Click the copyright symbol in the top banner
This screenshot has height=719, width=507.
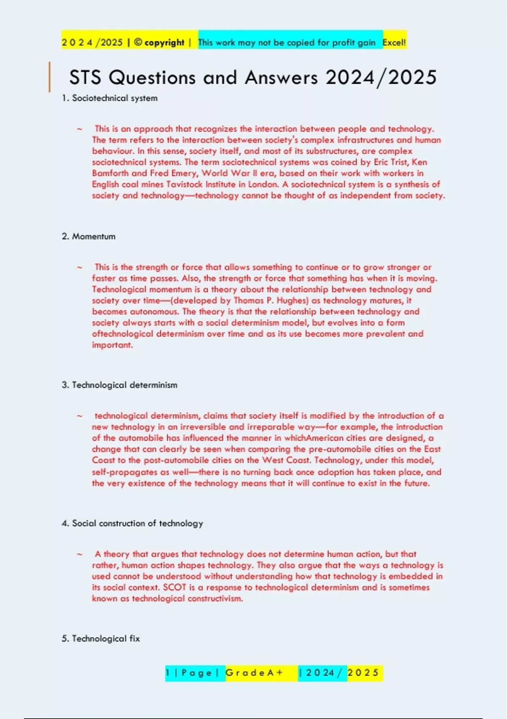pyautogui.click(x=138, y=42)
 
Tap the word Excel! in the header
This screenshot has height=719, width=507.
pyautogui.click(x=394, y=42)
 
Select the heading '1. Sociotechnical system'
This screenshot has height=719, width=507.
pyautogui.click(x=109, y=98)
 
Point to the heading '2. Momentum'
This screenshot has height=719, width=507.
pyautogui.click(x=88, y=236)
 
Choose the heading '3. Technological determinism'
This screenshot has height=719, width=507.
pyautogui.click(x=119, y=385)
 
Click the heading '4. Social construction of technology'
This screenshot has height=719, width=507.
pyautogui.click(x=132, y=523)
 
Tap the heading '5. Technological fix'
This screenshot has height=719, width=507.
pyautogui.click(x=101, y=639)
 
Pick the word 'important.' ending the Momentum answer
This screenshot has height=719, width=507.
pyautogui.click(x=112, y=345)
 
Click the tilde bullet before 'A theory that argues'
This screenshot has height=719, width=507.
pyautogui.click(x=79, y=554)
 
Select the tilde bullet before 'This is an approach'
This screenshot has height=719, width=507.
pyautogui.click(x=79, y=129)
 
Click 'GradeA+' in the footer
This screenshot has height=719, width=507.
pyautogui.click(x=254, y=672)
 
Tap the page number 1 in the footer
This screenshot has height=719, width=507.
pyautogui.click(x=168, y=672)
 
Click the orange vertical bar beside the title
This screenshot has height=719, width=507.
pyautogui.click(x=50, y=77)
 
